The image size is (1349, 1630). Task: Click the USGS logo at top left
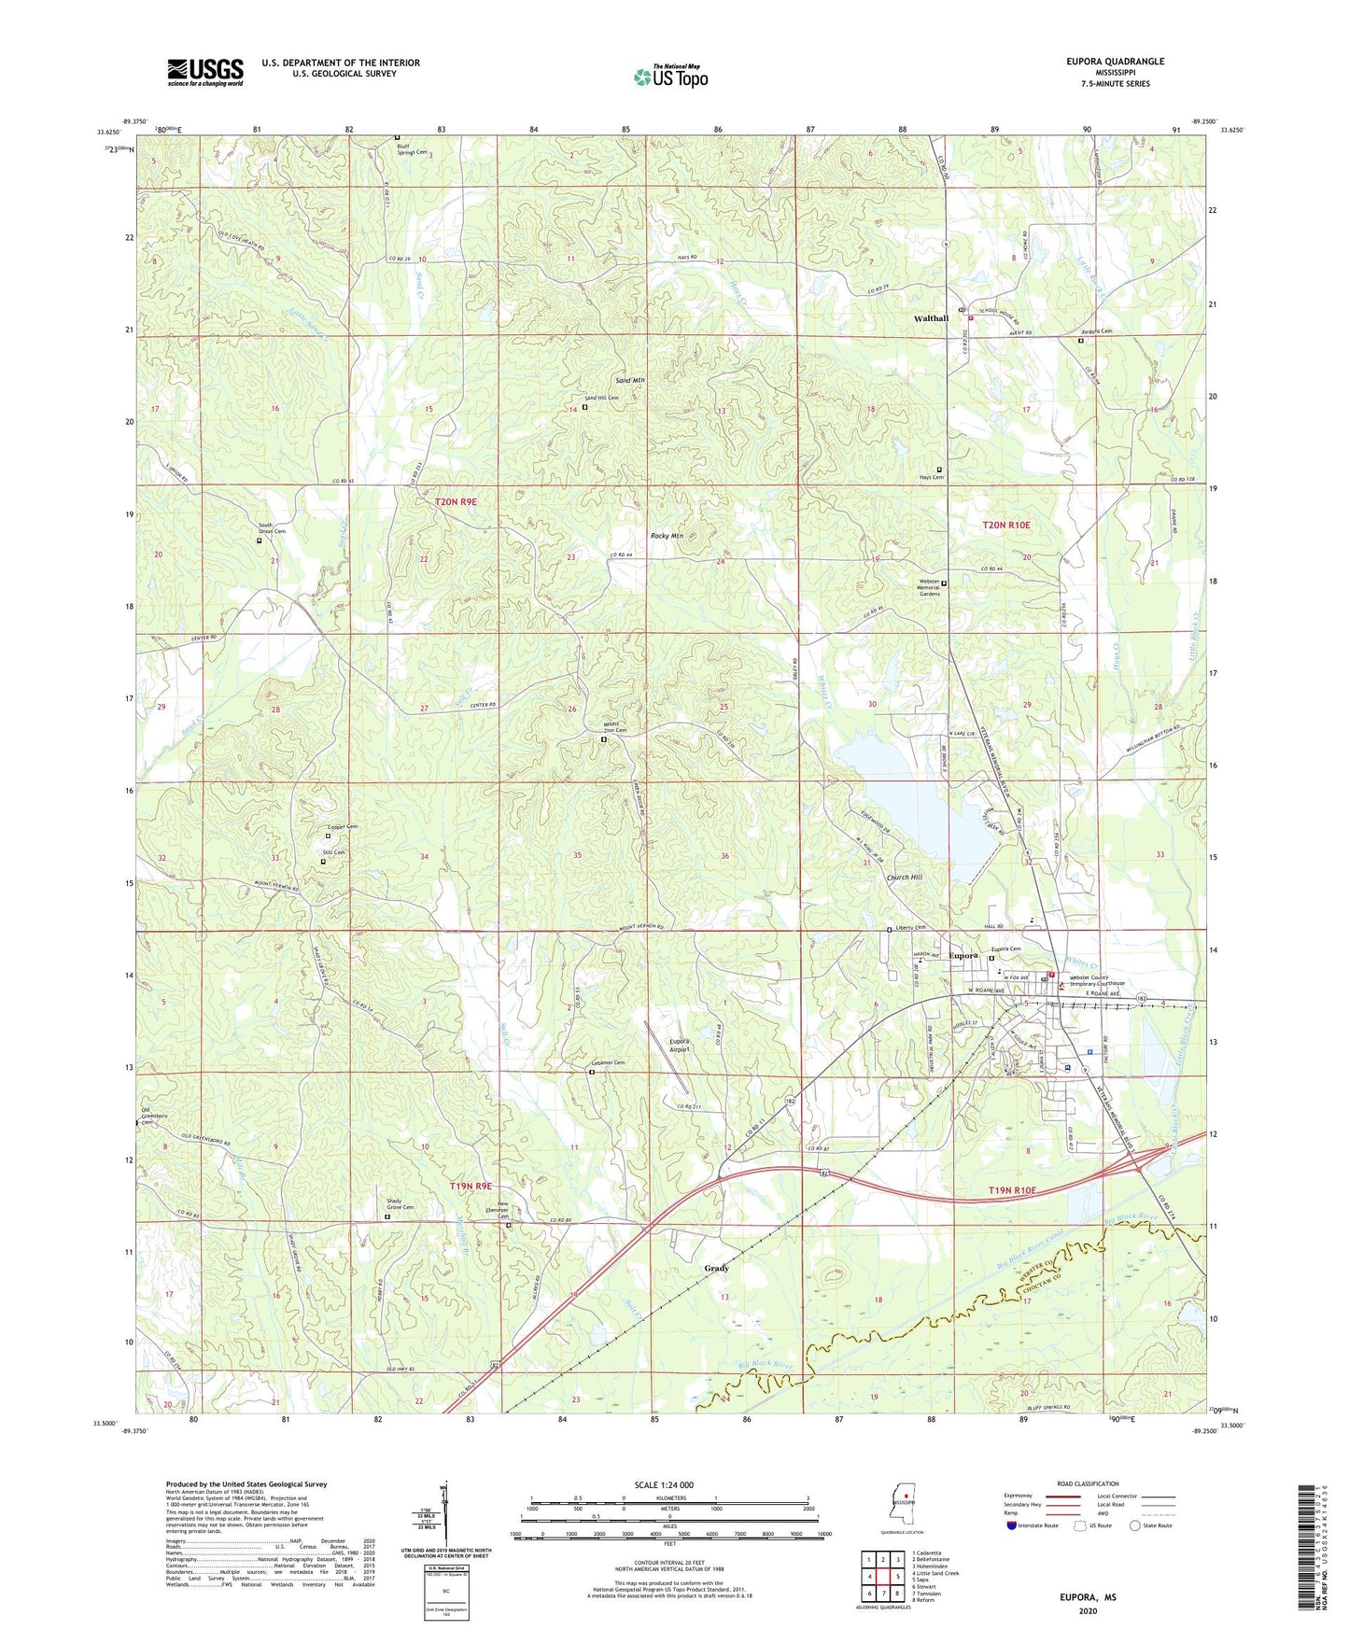pos(204,72)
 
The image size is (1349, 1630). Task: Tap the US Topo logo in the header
pos(670,77)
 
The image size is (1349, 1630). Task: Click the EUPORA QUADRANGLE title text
pos(1115,62)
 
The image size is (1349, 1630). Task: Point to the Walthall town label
pos(931,318)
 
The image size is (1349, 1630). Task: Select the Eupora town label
pos(963,956)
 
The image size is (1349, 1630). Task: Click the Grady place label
pos(716,1268)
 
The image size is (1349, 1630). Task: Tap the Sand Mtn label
pos(630,381)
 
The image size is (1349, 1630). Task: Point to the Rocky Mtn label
pos(667,537)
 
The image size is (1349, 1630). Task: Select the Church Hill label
pos(904,878)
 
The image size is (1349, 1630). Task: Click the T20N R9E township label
pos(456,502)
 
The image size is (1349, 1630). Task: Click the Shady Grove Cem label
pos(393,1204)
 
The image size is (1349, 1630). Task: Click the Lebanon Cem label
pos(607,1063)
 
